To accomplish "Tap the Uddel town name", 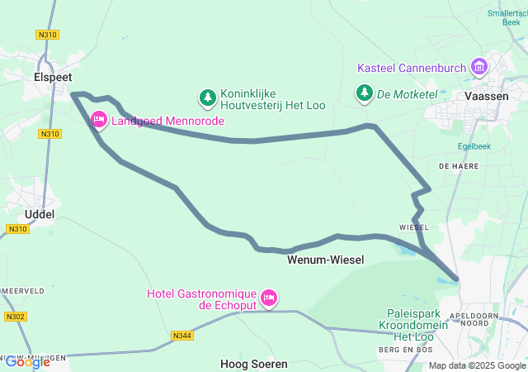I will coord(40,214).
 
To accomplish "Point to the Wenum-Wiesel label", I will coord(325,260).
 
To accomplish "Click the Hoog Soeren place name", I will coord(254,364).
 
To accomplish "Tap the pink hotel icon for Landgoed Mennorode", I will coord(99,121).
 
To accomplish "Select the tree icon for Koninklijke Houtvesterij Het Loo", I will coord(207,98).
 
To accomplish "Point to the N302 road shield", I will coord(14,317).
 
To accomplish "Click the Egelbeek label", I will coord(474,146).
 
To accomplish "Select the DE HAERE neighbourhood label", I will coord(455,166).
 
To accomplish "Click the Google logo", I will coord(27,361).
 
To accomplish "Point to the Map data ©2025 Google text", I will coord(478,365).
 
